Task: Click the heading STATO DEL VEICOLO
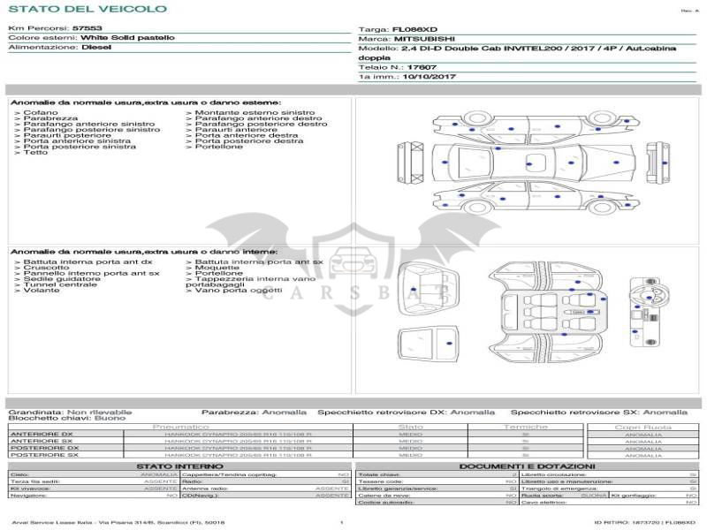[x=87, y=9]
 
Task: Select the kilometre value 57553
[x=87, y=28]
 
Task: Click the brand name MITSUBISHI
[x=426, y=39]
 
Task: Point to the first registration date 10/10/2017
[x=428, y=77]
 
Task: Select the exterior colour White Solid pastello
[x=127, y=38]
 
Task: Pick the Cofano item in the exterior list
[x=41, y=113]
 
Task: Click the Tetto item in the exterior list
[x=35, y=153]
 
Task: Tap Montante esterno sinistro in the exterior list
[x=255, y=113]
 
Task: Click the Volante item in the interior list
[x=42, y=291]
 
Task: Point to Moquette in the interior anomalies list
[x=219, y=268]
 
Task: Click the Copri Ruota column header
[x=643, y=427]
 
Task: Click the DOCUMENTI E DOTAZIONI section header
[x=527, y=466]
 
